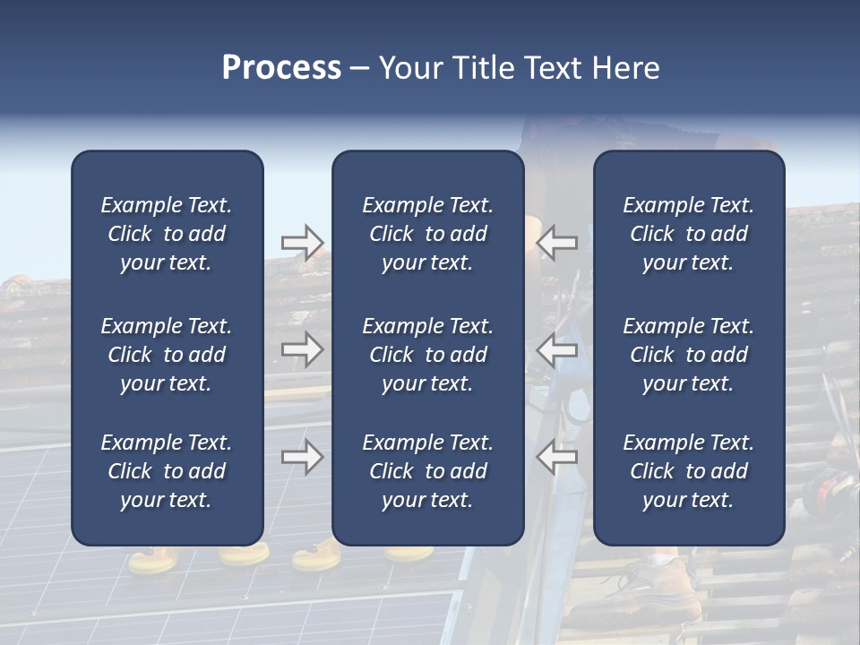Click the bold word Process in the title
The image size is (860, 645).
point(281,68)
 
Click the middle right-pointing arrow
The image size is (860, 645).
point(302,348)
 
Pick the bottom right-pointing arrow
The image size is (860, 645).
point(302,457)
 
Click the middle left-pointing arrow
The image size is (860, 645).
point(557,348)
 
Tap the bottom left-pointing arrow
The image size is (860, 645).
point(557,457)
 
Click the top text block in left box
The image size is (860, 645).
point(167,234)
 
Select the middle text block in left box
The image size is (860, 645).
point(167,355)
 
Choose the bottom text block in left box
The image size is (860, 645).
point(167,471)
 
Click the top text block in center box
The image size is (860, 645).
point(427,234)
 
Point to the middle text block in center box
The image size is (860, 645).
point(427,355)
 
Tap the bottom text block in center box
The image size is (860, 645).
point(427,471)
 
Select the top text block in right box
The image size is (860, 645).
point(688,234)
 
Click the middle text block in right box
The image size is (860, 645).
point(688,355)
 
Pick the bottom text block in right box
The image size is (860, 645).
point(688,471)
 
